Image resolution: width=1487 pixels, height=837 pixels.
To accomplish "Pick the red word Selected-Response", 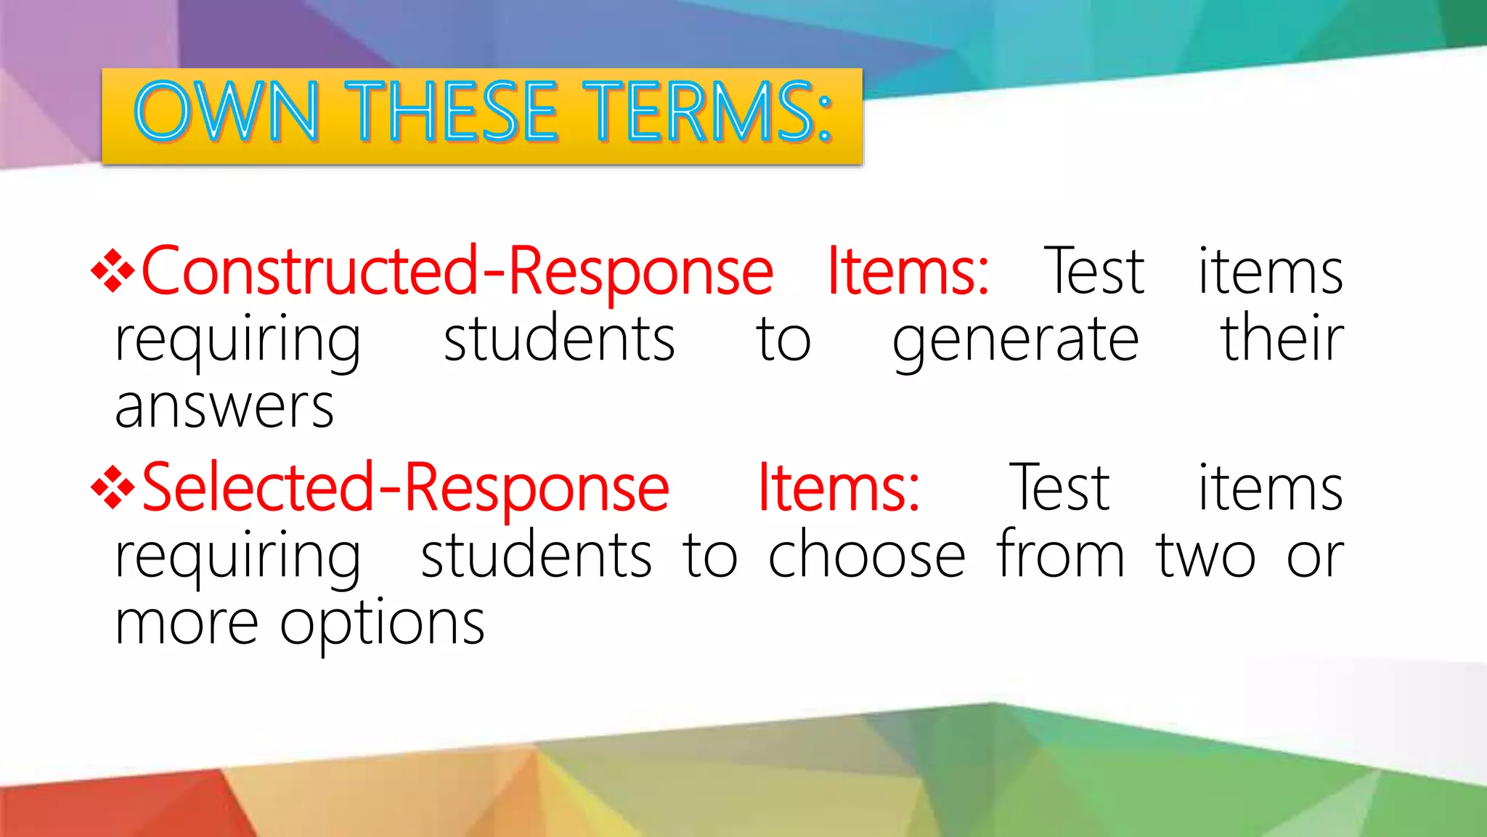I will click(405, 488).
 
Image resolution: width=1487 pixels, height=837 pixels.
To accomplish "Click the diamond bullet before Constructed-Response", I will click(113, 272).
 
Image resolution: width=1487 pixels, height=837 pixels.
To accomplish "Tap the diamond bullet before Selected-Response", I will click(113, 488).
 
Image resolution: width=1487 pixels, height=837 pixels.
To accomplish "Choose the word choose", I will click(866, 556).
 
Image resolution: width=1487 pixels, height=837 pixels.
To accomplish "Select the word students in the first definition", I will click(559, 339).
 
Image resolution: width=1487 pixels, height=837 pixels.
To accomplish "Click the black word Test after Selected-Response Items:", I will click(1059, 488).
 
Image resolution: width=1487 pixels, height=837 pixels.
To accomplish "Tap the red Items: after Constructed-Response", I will click(908, 272).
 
